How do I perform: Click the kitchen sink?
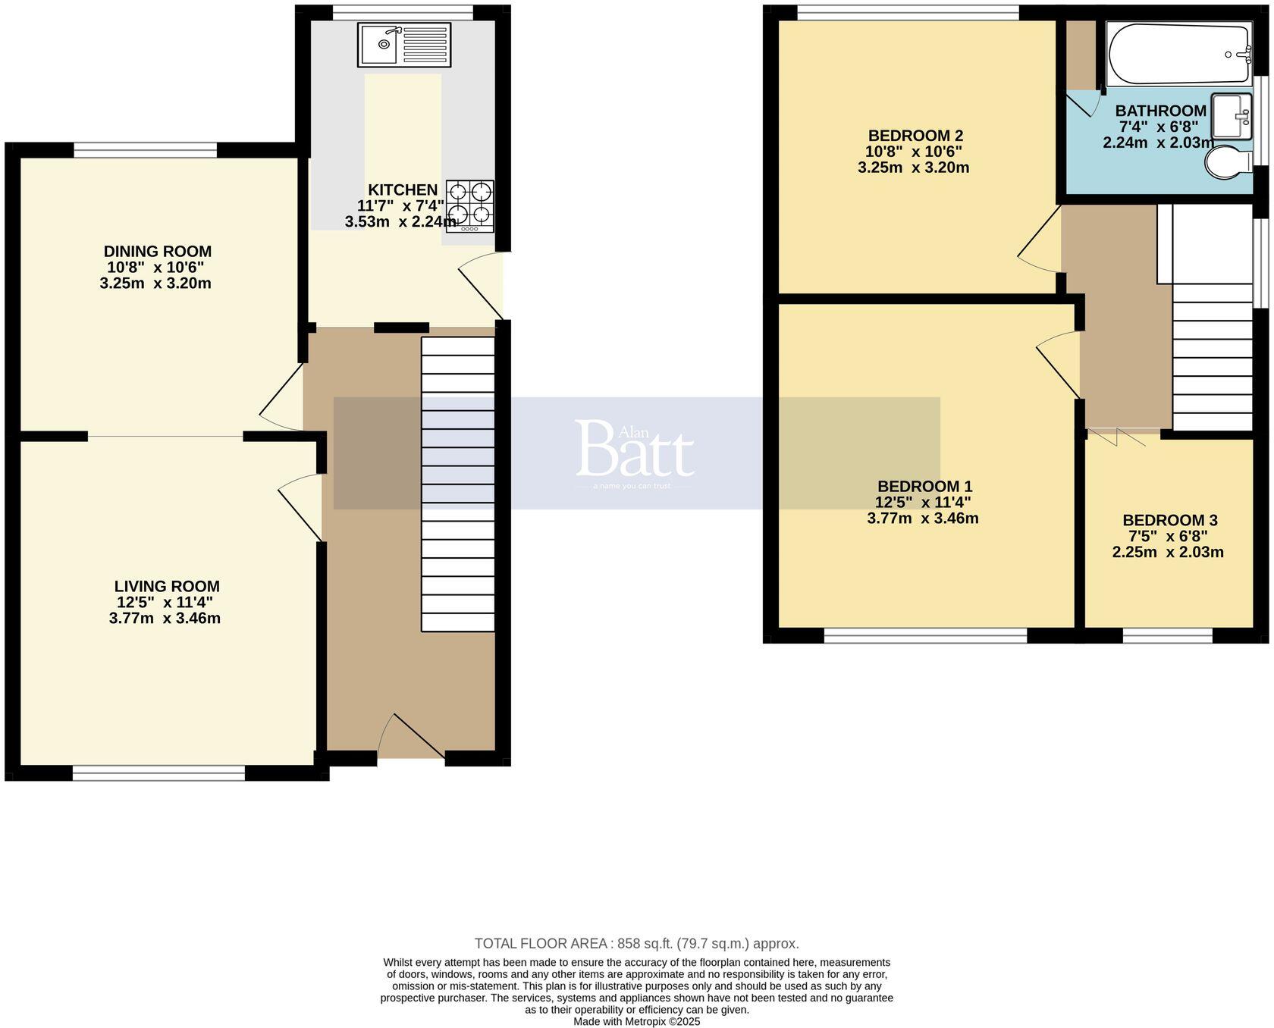403,45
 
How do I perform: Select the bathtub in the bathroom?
1178,55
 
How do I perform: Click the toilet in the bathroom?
1228,162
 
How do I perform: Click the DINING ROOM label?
158,251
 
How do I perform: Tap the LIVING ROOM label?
167,586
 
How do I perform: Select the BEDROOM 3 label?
1169,520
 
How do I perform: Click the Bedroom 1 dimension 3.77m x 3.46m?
922,519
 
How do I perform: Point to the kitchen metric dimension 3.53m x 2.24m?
400,222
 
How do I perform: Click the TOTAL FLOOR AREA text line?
636,943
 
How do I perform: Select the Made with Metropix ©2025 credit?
636,1021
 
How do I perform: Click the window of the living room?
158,773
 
